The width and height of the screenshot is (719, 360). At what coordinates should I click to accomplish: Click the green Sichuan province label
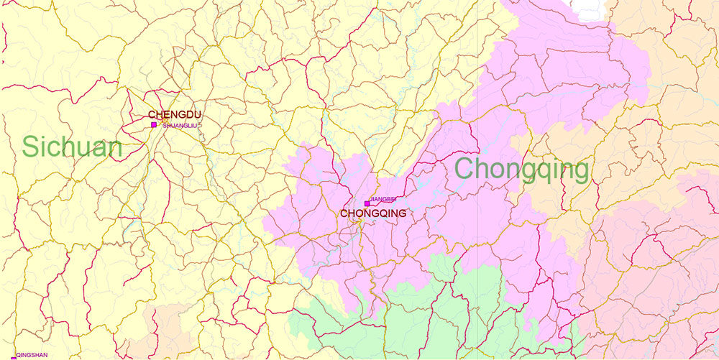pyautogui.click(x=73, y=147)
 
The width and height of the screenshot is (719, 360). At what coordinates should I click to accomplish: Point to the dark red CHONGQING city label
pyautogui.click(x=373, y=213)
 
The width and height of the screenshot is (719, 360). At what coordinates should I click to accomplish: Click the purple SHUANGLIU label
pyautogui.click(x=179, y=126)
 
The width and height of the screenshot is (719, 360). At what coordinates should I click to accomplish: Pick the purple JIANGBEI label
pyautogui.click(x=383, y=198)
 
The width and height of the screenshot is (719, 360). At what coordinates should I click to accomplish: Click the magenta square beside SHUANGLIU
pyautogui.click(x=154, y=125)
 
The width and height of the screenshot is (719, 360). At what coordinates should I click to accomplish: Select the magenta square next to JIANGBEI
pyautogui.click(x=367, y=204)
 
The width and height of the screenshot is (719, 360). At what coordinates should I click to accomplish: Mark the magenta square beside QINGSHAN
pyautogui.click(x=13, y=358)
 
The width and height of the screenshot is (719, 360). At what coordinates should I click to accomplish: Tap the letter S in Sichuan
pyautogui.click(x=31, y=147)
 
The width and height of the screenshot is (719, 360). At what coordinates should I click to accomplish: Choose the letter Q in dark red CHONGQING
pyautogui.click(x=378, y=213)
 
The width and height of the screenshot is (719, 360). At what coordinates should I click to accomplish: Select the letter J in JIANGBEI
pyautogui.click(x=371, y=198)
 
